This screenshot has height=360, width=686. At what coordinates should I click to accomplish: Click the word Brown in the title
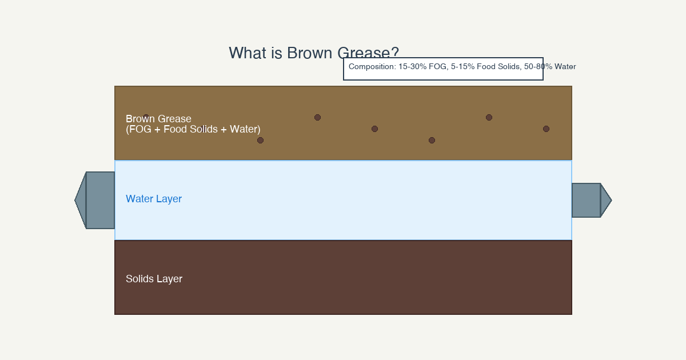[310, 53]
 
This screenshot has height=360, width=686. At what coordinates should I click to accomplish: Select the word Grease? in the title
[368, 54]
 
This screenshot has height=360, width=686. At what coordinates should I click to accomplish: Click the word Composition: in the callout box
[372, 67]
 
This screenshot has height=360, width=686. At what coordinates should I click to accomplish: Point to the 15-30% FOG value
[422, 67]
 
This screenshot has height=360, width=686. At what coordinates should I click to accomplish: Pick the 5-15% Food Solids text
[485, 67]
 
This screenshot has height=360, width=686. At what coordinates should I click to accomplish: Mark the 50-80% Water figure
[550, 67]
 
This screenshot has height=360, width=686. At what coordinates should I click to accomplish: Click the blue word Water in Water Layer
[139, 199]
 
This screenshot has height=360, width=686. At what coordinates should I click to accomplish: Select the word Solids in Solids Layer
[139, 279]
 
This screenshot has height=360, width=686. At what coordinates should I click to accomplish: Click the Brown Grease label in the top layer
[158, 119]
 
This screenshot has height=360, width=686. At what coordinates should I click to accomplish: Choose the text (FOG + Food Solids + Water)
[193, 129]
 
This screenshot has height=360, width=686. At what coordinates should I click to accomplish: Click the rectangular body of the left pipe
[101, 200]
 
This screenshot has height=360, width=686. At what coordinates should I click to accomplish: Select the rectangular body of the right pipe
[586, 200]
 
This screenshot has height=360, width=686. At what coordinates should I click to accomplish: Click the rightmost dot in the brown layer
[546, 129]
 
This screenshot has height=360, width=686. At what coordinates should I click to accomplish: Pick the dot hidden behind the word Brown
[146, 118]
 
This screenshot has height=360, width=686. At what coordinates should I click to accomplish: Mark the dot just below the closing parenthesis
[260, 140]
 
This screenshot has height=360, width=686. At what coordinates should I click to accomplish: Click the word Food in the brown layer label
[175, 129]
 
